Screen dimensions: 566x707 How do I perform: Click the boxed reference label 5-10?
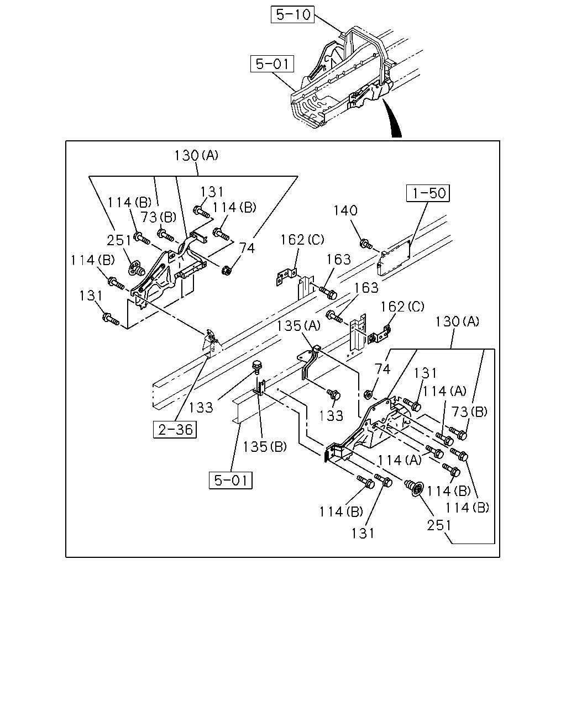coord(292,14)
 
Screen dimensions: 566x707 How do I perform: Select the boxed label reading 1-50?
coord(428,193)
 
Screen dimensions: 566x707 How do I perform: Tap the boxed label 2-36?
coord(175,430)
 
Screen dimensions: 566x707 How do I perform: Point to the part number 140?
coord(345,210)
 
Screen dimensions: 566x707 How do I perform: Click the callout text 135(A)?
coord(298,326)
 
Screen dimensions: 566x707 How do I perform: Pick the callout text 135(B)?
coord(265,447)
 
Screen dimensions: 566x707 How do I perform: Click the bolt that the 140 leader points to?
coord(366,244)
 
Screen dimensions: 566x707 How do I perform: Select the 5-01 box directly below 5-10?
coord(272,64)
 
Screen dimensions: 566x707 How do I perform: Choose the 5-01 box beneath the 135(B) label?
coord(230,481)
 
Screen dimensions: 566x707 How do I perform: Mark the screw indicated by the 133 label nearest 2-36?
coord(256,367)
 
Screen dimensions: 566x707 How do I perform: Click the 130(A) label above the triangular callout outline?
coord(196,155)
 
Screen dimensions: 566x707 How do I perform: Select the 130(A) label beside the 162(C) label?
coord(458,321)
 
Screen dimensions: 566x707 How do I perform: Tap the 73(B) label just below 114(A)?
coord(469,411)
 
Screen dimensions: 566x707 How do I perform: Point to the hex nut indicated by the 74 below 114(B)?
coord(226,271)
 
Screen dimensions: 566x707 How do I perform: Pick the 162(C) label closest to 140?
coord(302,240)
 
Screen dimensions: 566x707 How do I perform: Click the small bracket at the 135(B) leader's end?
coord(260,388)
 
